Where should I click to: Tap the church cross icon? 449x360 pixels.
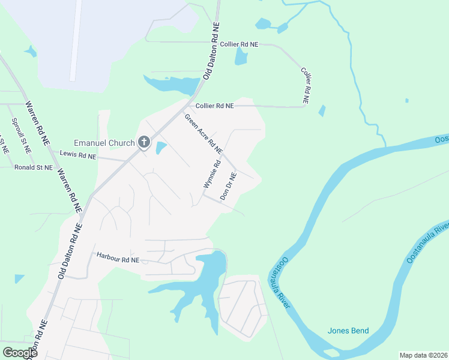click(144, 142)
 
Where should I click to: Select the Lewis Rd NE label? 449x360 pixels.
click(78, 155)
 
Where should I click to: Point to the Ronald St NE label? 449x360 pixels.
click(34, 167)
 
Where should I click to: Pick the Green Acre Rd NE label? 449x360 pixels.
click(203, 133)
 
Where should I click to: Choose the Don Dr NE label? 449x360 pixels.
click(229, 185)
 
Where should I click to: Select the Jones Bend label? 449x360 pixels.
click(348, 331)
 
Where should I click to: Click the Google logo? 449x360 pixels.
click(20, 352)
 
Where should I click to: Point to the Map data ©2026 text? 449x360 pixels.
click(423, 355)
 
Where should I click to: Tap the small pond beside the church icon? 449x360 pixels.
click(161, 148)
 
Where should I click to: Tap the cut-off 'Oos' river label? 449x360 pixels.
click(442, 139)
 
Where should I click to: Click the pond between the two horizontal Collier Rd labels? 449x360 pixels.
click(241, 56)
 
